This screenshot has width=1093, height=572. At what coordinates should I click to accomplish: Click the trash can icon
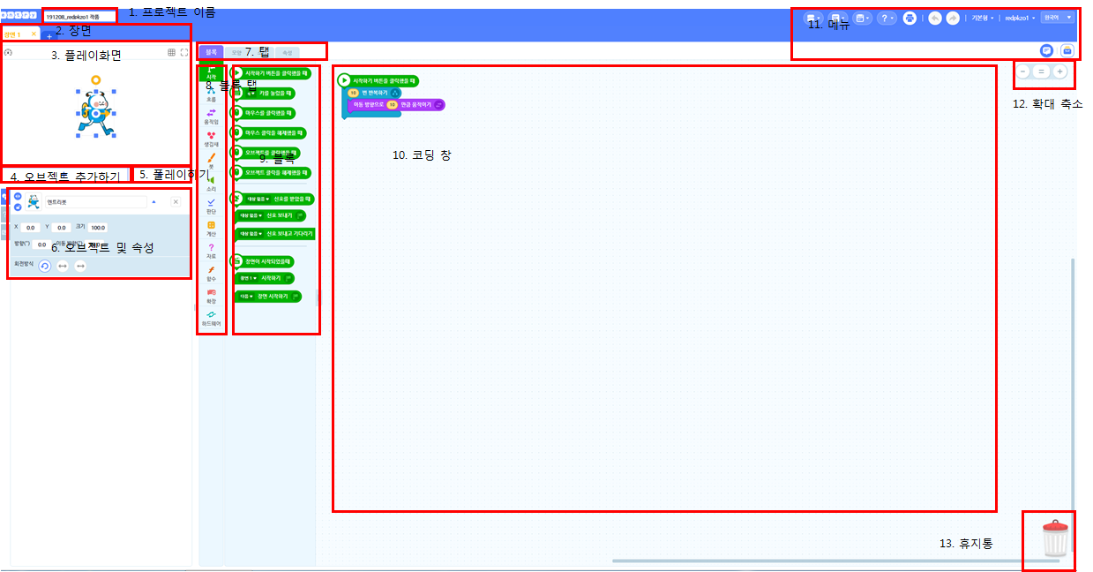tap(1054, 538)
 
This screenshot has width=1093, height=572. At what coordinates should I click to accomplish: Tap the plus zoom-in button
tap(1060, 71)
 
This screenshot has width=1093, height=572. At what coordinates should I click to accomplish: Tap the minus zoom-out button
tap(1022, 71)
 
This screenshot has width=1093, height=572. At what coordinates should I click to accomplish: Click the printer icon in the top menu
tap(909, 18)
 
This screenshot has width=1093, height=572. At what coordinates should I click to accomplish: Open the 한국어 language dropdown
tap(1057, 18)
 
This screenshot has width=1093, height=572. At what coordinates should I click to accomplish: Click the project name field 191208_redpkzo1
tap(79, 16)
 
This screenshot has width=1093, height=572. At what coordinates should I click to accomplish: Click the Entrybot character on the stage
tap(95, 111)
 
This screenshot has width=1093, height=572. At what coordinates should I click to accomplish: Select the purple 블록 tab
tap(211, 52)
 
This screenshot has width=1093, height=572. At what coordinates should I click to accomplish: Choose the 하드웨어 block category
tap(211, 318)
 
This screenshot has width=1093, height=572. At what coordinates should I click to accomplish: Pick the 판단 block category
tap(211, 206)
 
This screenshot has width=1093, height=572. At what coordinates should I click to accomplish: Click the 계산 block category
tap(211, 228)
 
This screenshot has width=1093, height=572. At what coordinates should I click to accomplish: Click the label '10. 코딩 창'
tap(422, 155)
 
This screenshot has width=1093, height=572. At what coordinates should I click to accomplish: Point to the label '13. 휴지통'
tap(966, 544)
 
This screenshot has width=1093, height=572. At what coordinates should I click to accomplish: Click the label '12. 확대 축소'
tap(1047, 104)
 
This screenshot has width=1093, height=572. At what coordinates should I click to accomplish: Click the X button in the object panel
tap(176, 202)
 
